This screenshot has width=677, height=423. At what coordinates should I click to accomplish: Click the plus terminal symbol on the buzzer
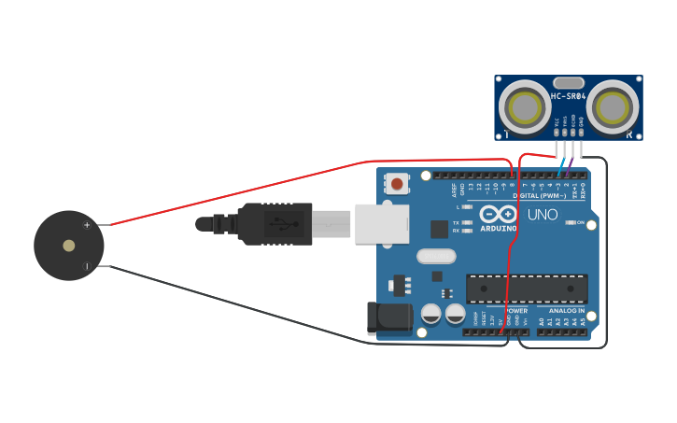pos(87,225)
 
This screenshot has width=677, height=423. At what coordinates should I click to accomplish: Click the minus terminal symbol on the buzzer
pos(87,266)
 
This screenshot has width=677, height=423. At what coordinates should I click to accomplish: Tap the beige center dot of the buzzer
pos(68,246)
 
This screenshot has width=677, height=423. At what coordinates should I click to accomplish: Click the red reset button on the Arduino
pos(398,184)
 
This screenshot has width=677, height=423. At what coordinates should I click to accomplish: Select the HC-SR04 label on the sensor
pos(568,96)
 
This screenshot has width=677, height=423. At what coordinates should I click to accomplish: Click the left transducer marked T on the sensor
pos(525,107)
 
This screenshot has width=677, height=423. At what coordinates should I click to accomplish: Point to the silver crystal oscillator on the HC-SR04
pos(568,83)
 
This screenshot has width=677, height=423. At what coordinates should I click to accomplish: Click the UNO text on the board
pos(543,216)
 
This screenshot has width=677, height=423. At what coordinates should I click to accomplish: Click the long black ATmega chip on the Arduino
pos(527,289)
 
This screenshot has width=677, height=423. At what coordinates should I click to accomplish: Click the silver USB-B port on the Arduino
pos(381,224)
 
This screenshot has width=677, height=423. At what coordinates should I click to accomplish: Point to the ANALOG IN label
pos(567,311)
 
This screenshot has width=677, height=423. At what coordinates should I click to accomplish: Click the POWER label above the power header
pos(515,311)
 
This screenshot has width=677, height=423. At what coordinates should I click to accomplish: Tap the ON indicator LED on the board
pos(569,223)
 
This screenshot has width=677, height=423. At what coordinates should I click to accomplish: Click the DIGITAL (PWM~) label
pos(539,196)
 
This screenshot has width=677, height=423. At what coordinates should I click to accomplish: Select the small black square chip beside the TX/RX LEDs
pos(439,229)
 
